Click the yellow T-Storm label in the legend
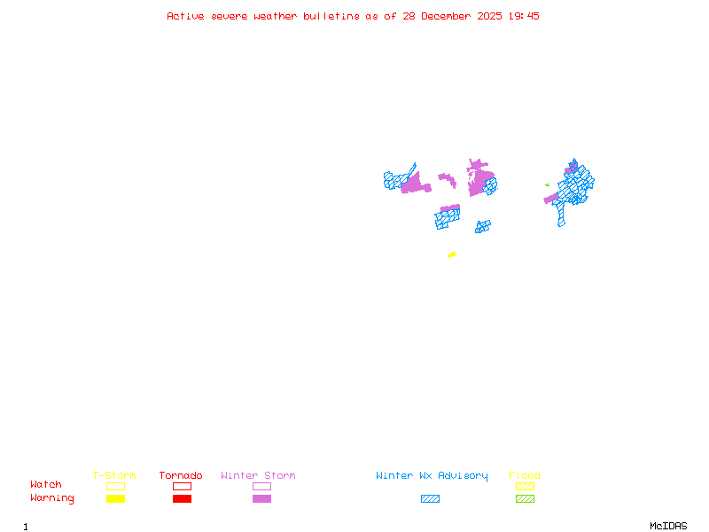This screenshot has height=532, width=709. click(114, 476)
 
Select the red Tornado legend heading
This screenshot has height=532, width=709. click(181, 476)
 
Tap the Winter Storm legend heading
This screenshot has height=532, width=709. click(258, 476)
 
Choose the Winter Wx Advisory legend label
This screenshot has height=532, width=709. click(432, 476)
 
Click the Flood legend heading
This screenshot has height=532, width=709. click(525, 476)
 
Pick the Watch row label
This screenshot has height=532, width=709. click(46, 485)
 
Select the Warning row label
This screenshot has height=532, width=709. click(52, 498)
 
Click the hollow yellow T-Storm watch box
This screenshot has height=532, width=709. click(115, 486)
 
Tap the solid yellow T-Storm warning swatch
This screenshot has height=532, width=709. click(115, 499)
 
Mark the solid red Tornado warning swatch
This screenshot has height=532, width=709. click(182, 499)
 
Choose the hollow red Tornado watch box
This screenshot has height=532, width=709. click(182, 486)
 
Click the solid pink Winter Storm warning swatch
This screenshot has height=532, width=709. click(261, 499)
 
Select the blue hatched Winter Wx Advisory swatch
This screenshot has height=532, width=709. click(430, 499)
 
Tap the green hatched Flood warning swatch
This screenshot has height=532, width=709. click(525, 499)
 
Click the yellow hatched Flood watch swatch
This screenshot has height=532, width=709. click(525, 486)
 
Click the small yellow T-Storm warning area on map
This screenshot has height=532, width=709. click(452, 255)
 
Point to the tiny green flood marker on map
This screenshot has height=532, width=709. click(547, 184)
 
